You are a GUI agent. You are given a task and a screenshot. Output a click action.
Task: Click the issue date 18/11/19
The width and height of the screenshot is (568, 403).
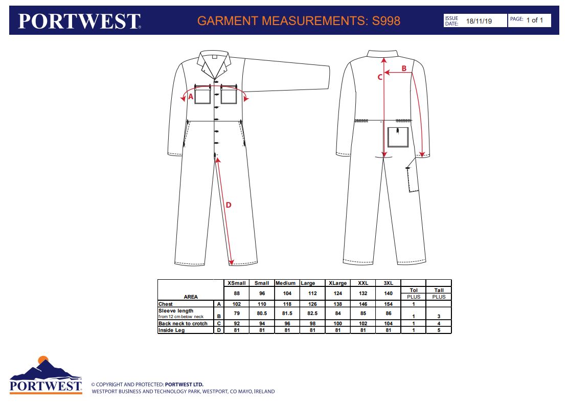(479, 21)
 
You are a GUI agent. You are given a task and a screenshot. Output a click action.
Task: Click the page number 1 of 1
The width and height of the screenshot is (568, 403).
(535, 20)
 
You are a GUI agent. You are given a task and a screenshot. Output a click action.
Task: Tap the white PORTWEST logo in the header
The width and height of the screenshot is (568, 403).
(79, 21)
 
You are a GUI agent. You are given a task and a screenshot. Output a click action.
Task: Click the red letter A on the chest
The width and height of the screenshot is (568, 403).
(191, 97)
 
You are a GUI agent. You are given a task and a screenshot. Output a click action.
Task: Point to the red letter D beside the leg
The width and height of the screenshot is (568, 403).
(228, 205)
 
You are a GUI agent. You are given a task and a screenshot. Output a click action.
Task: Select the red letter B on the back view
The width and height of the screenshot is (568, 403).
(404, 68)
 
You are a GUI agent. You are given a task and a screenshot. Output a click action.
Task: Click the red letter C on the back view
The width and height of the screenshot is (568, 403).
(380, 77)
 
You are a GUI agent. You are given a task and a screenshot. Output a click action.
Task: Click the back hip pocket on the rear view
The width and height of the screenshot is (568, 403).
(398, 137)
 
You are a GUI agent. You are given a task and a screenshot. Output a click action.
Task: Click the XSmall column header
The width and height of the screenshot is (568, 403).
(237, 283)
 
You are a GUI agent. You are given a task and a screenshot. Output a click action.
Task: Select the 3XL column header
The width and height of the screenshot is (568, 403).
(389, 283)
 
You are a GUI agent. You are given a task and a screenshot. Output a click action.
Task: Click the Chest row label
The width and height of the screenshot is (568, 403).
(166, 304)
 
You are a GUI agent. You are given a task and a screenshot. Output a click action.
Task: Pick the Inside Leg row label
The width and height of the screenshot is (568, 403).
(171, 330)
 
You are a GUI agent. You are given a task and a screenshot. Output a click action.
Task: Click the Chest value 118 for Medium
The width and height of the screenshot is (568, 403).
(287, 304)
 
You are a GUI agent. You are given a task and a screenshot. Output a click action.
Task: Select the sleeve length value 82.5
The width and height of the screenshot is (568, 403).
(312, 313)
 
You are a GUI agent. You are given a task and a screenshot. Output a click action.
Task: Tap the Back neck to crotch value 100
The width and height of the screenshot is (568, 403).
(337, 323)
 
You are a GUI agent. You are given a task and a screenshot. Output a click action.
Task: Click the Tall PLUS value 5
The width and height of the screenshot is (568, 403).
(439, 330)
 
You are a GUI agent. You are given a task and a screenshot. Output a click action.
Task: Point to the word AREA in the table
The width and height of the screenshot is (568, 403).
(191, 297)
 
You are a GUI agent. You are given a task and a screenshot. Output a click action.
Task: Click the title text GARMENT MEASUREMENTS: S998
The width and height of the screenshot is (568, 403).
(299, 20)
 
